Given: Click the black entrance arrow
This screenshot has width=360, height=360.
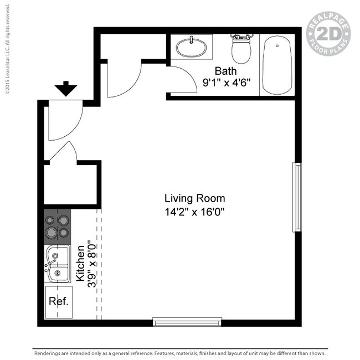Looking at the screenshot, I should [x=66, y=88].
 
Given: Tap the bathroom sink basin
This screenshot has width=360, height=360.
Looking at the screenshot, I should [x=192, y=47].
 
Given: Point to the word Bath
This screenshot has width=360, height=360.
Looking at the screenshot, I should [x=225, y=71].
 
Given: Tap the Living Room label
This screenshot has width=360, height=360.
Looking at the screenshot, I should [x=194, y=198].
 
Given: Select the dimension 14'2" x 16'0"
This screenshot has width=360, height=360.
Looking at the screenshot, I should [x=194, y=211].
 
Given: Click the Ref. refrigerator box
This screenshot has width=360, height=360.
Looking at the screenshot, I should [x=58, y=302].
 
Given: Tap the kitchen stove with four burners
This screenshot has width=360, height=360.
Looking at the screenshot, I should [x=57, y=227].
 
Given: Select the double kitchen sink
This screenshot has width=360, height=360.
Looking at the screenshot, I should [x=57, y=264].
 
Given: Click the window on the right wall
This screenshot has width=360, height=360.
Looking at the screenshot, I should [x=297, y=197].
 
